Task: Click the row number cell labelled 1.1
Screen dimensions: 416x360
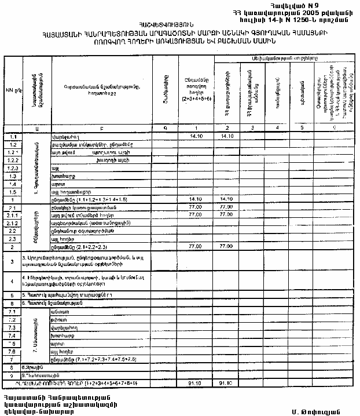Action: tap(13, 136)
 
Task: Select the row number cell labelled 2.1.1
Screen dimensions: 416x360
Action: tap(13, 214)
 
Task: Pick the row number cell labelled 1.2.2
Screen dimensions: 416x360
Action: tap(13, 159)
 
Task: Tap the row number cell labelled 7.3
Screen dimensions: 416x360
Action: tap(13, 327)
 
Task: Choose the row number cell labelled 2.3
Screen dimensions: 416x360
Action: tap(13, 238)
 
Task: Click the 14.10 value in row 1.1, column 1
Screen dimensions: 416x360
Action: tap(197, 136)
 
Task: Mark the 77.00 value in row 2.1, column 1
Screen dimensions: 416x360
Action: tap(197, 206)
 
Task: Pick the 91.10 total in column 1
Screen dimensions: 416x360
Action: tap(197, 384)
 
